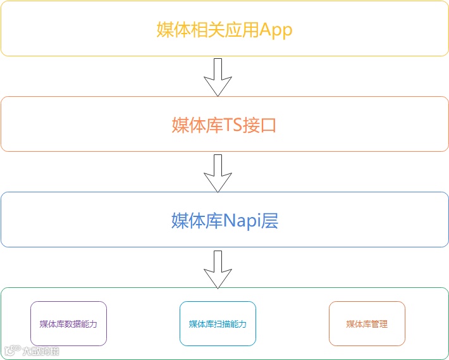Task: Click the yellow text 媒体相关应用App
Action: (225, 30)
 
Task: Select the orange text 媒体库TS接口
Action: (225, 125)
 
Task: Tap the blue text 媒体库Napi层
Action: (225, 221)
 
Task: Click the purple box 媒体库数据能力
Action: (68, 324)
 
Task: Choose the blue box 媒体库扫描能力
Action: (218, 324)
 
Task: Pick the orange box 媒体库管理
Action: (367, 324)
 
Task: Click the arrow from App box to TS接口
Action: (218, 77)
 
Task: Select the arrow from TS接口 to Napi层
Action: (218, 173)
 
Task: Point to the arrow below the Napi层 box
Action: (218, 270)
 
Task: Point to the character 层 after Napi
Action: (270, 221)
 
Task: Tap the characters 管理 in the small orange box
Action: (379, 324)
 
